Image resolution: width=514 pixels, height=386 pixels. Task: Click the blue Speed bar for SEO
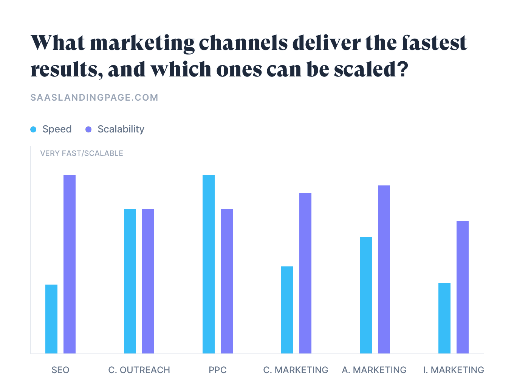[51, 319]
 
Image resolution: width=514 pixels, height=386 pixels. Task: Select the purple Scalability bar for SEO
[70, 264]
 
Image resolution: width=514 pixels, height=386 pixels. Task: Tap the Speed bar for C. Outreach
[130, 281]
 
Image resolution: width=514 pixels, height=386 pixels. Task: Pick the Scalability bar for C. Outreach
[148, 281]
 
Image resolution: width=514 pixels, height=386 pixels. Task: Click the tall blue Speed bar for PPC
[209, 264]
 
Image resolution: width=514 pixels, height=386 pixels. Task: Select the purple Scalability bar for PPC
[227, 281]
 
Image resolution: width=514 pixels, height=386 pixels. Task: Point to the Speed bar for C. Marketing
[287, 310]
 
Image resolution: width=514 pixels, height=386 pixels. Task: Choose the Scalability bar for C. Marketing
[305, 273]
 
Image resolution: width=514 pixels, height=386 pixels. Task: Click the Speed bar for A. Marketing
[366, 295]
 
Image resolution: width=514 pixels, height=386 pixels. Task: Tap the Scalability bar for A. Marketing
[384, 269]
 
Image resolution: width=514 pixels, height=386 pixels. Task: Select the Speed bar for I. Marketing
[444, 318]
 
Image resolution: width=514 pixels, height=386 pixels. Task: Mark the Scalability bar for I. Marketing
[463, 287]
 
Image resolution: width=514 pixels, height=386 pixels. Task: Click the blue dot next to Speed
[33, 129]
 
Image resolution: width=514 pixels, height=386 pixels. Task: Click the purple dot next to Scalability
[88, 129]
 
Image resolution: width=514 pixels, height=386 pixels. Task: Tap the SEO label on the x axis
[60, 370]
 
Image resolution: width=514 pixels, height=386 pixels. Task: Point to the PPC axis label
[218, 370]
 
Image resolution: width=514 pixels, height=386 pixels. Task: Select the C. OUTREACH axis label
[139, 370]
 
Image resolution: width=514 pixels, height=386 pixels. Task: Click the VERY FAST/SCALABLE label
[82, 153]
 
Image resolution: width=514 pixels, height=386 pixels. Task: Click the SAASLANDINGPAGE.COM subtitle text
[94, 98]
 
